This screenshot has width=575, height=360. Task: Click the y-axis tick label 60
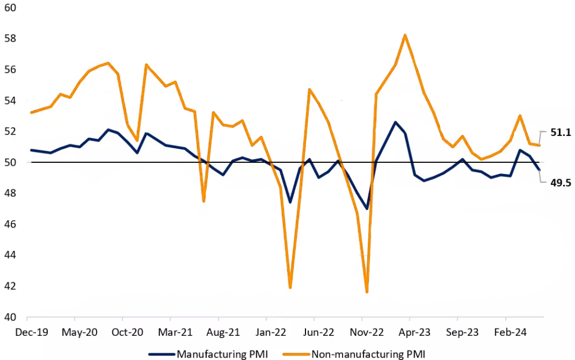[x=10, y=8]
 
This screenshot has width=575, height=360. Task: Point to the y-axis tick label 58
[x=10, y=39]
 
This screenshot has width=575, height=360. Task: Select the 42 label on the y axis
[x=10, y=286]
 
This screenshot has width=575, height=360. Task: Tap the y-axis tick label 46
[x=10, y=224]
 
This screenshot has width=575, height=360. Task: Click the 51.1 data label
[x=560, y=133]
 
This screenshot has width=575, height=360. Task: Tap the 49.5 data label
[x=560, y=182]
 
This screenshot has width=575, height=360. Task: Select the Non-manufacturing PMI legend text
[x=368, y=354]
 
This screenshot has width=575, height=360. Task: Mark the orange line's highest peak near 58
[x=405, y=35]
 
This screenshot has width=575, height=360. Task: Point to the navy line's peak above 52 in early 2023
[x=395, y=122]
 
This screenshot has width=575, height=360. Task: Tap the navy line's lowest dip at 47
[x=367, y=209]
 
